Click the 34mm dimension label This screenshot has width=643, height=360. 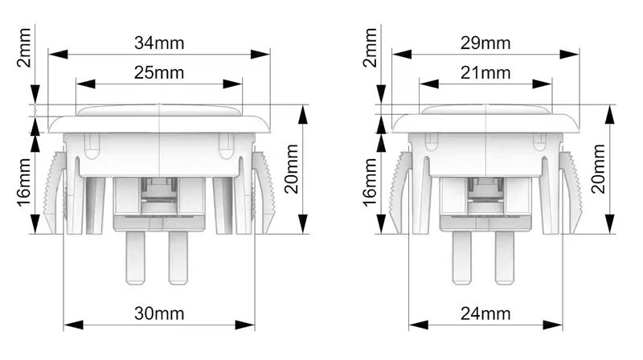tap(159, 43)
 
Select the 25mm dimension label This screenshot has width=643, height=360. tap(159, 73)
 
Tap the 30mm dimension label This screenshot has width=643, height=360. tap(159, 313)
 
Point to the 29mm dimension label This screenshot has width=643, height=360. tap(485, 43)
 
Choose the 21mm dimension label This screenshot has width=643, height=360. tap(485, 73)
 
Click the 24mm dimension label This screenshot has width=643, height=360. tap(485, 313)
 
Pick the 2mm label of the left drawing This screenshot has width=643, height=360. tap(24, 47)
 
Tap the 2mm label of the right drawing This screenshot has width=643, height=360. tap(371, 47)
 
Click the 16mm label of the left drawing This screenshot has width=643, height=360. tap(24, 183)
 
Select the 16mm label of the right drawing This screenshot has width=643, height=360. tap(371, 183)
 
